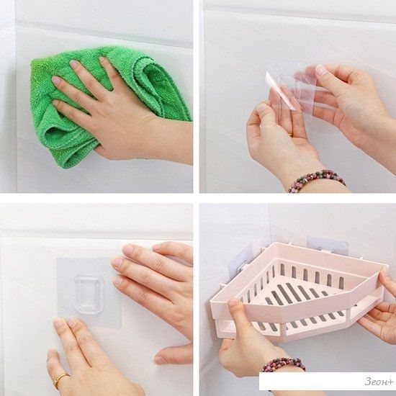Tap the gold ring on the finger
click(60, 379)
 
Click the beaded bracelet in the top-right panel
click(316, 179)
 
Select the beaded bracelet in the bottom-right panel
click(284, 364)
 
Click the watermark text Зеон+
click(379, 382)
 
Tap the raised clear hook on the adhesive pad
click(89, 294)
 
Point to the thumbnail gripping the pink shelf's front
click(233, 303)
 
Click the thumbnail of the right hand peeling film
click(321, 71)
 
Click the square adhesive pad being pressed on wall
click(89, 292)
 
